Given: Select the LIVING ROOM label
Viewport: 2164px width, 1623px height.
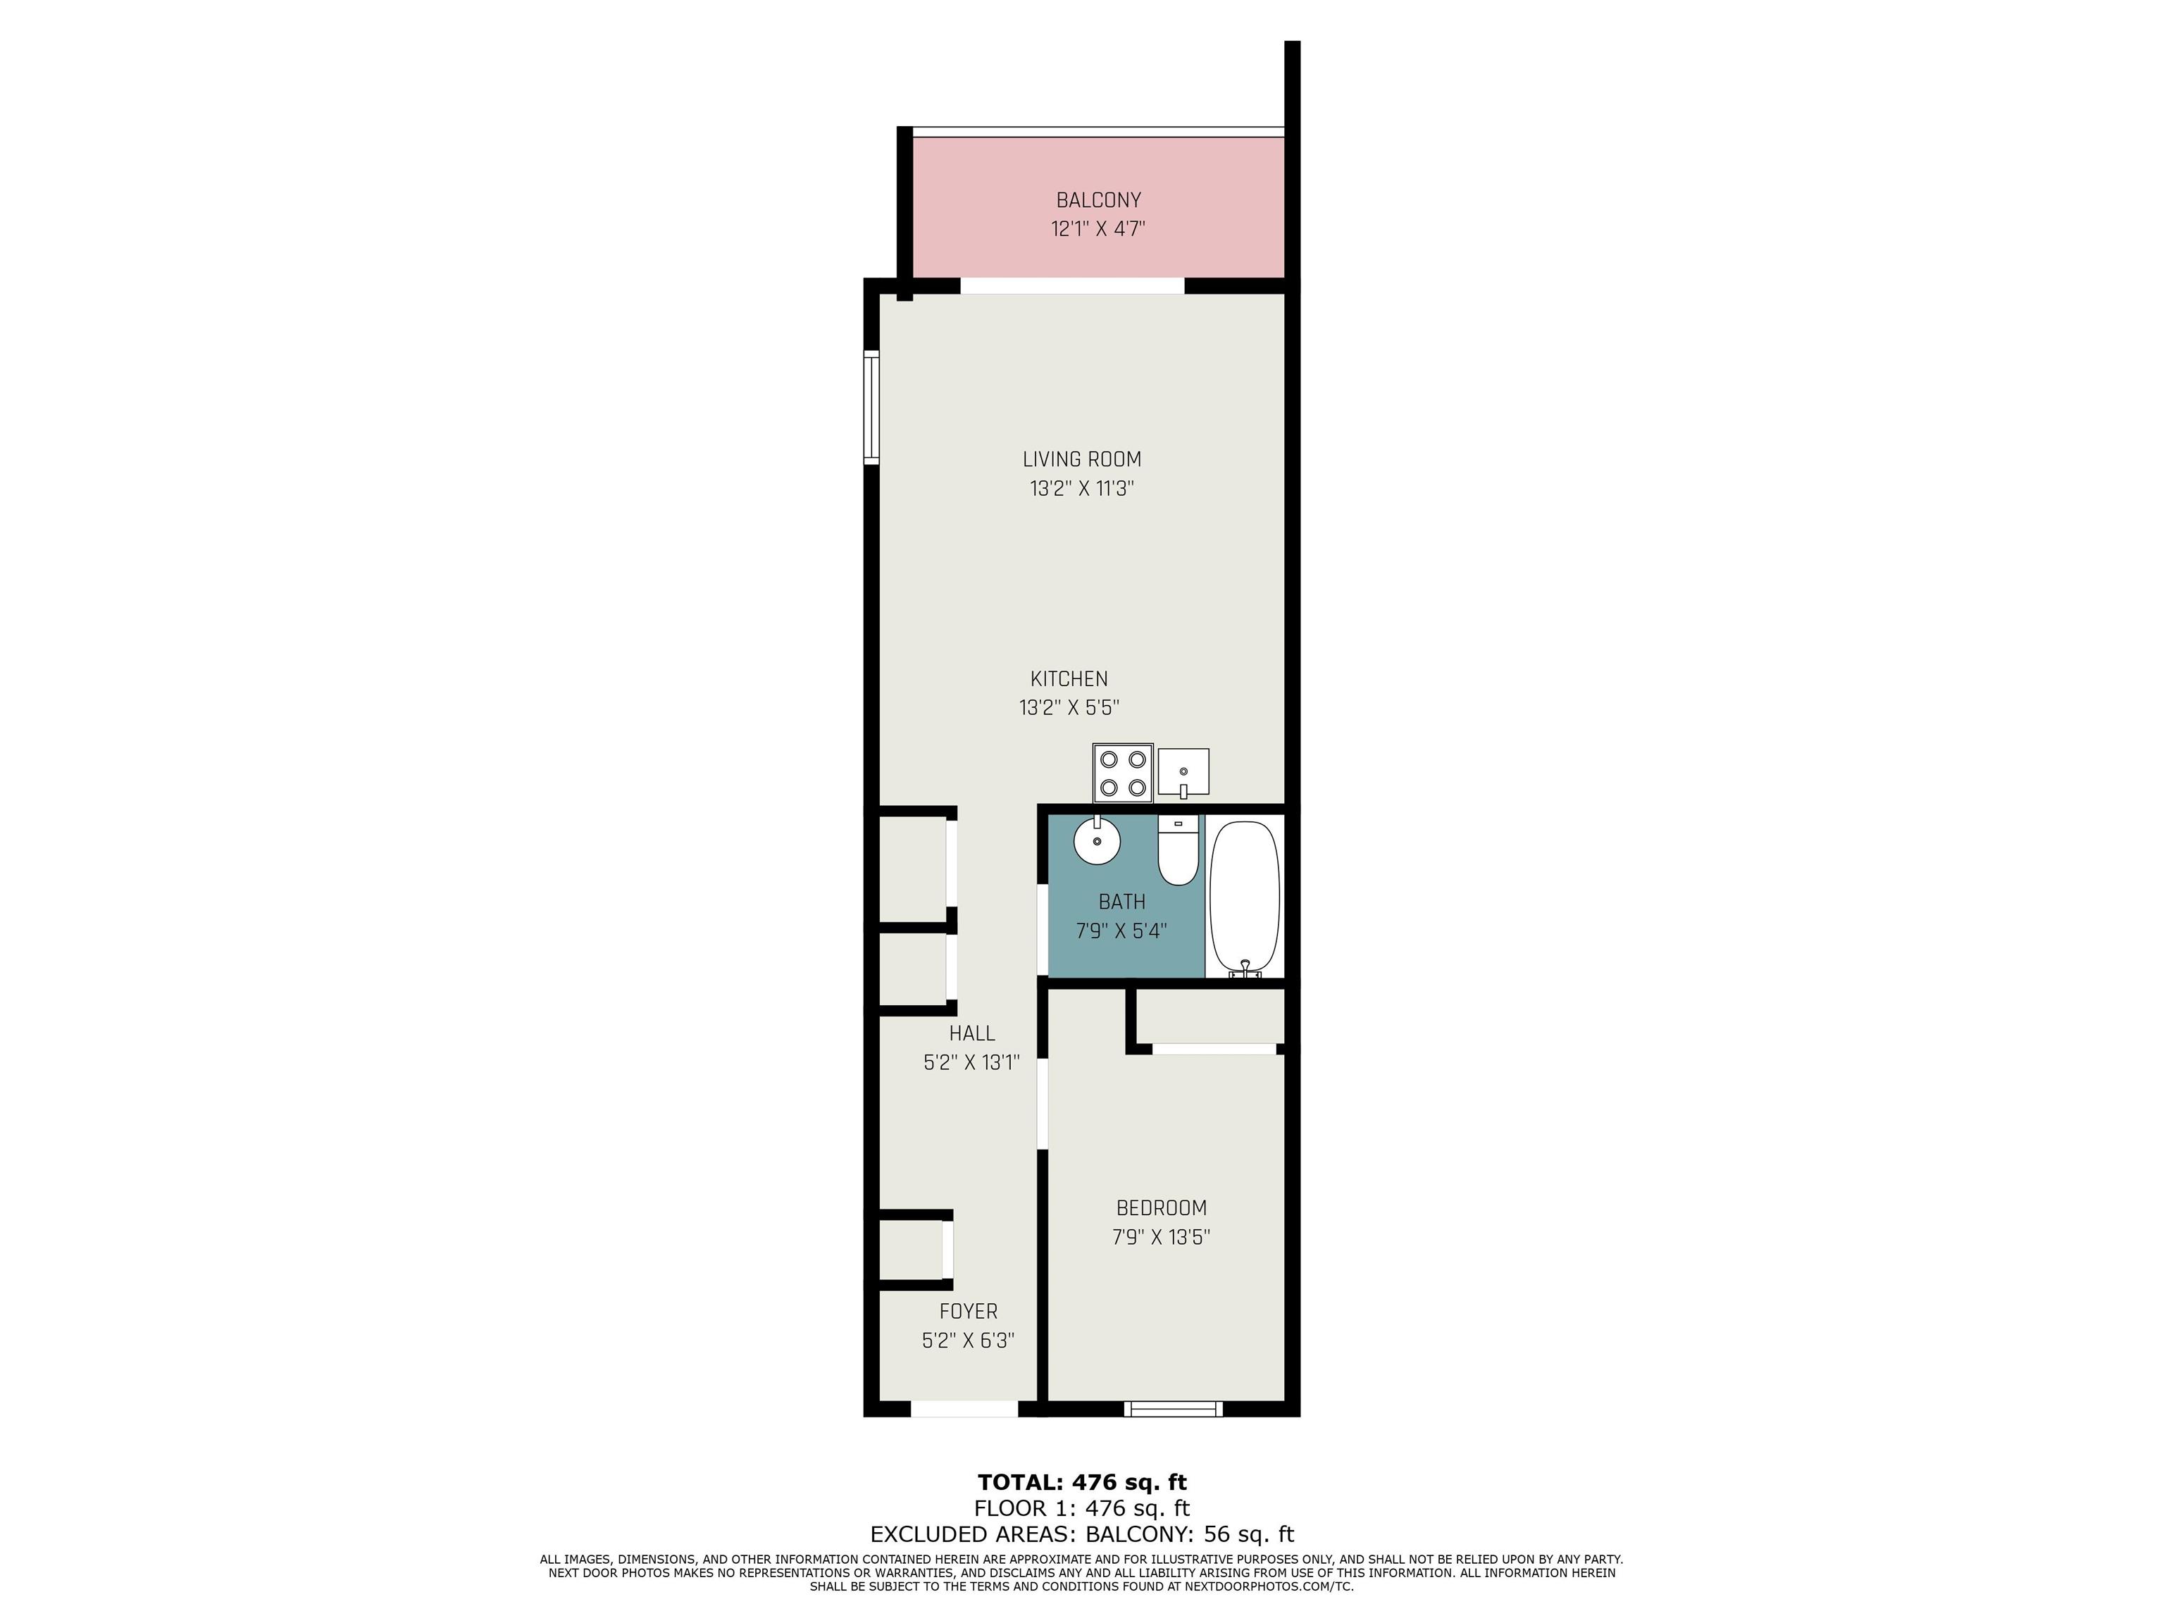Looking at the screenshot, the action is coord(1082,459).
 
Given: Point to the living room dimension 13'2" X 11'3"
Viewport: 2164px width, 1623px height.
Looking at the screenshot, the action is coord(1082,488).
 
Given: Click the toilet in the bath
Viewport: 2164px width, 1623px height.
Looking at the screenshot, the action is coord(1178,850).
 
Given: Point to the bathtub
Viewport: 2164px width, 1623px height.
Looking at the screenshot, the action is coord(1245,897).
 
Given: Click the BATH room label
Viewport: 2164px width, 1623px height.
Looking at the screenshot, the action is coord(1122,901).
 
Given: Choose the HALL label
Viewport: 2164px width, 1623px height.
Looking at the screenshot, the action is coord(971,1033).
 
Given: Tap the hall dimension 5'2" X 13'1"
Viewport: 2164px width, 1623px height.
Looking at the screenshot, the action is coord(971,1062).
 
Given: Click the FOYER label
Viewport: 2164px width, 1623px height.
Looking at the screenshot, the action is coord(969,1312).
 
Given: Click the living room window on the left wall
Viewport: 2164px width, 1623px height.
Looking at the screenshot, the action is coord(871,407).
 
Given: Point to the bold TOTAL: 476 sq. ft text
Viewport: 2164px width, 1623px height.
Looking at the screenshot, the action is coord(1082,1482).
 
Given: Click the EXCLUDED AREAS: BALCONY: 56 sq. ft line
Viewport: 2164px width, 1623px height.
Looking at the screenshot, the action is coord(1082,1534).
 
